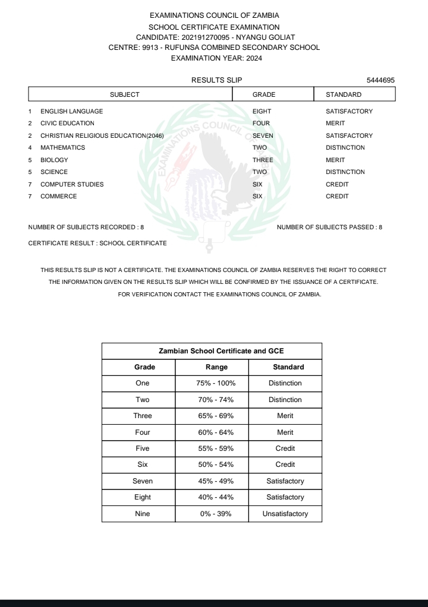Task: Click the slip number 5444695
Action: (381, 80)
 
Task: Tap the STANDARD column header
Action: (344, 94)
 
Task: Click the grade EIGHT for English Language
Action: (263, 111)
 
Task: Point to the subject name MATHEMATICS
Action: (62, 148)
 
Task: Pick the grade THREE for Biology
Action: (263, 160)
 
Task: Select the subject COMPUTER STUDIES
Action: (72, 184)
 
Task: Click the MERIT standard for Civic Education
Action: (335, 124)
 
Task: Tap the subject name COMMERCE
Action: (58, 197)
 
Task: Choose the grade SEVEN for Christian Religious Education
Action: (263, 135)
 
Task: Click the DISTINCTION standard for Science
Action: (345, 172)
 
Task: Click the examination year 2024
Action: (250, 58)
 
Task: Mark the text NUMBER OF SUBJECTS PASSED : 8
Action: (330, 227)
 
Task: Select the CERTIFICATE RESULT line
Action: (97, 243)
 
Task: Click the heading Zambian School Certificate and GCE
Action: (212, 350)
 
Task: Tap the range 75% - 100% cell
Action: (212, 383)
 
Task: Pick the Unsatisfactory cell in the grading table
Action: (285, 514)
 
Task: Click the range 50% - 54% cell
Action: (212, 464)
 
